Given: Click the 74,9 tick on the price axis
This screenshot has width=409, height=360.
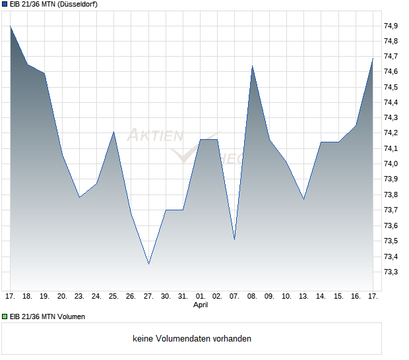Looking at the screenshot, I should pos(391,26).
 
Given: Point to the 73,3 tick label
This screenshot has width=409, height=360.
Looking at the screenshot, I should pos(391,272).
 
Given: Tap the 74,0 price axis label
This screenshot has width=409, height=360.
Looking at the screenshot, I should pos(391,164).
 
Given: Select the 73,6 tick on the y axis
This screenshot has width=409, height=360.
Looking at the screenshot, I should pos(391,225).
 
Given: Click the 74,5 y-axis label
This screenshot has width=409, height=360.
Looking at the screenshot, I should pos(391,87).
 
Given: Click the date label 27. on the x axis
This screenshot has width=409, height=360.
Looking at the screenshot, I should pos(148,296).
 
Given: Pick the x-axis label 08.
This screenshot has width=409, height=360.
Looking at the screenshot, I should pos(252,296).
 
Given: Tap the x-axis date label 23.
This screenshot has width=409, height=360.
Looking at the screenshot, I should pos(79,296).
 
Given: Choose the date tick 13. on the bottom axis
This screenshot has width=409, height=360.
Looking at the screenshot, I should pos(304,296).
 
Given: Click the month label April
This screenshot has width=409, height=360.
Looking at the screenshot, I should pos(201,305).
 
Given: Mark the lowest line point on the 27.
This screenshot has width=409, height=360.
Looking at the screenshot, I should pos(148,264).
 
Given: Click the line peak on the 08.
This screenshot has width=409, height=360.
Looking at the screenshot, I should pos(252,66).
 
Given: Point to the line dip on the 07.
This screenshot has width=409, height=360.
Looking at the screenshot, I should pos(235,239).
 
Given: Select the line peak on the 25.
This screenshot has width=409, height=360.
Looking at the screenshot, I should pos(114,132).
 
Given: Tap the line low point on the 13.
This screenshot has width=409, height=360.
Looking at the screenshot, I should pos(304,199).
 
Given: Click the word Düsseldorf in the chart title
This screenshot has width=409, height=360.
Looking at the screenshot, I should pos(81,4).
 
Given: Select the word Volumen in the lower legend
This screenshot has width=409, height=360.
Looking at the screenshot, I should pos(70,316).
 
